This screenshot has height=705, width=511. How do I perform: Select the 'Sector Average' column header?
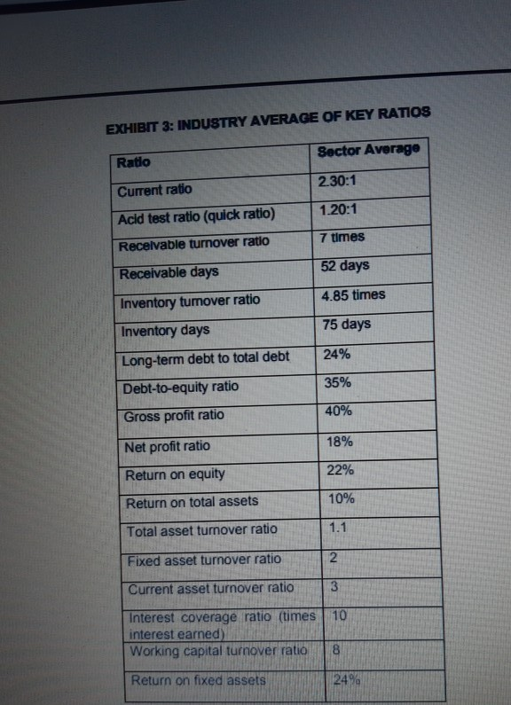click(x=366, y=152)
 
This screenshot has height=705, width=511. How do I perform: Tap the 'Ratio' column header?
click(x=134, y=162)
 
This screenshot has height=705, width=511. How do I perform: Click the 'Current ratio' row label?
click(x=154, y=191)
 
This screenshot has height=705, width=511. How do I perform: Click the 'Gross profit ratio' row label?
click(x=175, y=415)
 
